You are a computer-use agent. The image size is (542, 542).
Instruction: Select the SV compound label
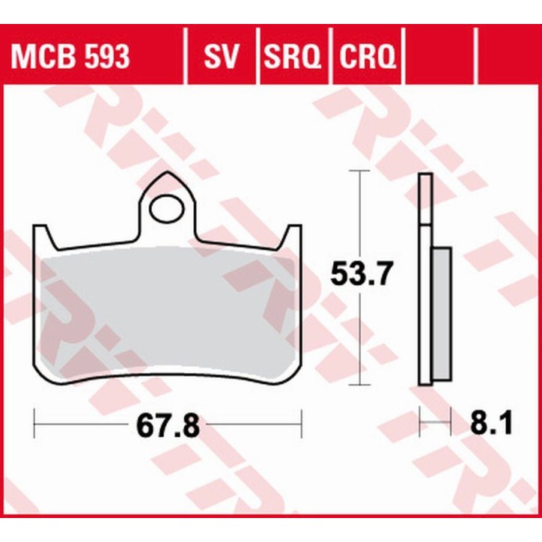221,56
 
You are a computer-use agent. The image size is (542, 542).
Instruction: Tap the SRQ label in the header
293,56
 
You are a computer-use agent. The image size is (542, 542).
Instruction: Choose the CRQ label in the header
368,56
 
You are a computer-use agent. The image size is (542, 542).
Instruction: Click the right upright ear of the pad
294,234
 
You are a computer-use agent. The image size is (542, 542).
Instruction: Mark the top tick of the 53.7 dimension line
362,171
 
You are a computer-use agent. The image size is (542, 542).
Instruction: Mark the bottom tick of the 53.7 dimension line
362,386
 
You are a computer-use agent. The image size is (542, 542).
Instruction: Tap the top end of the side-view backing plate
425,177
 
